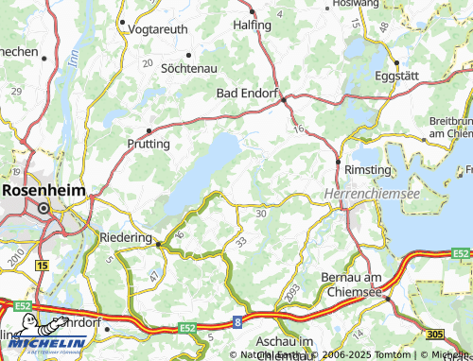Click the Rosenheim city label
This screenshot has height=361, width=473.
(43, 189)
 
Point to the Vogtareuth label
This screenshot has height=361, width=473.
(156, 30)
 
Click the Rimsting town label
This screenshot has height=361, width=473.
(369, 169)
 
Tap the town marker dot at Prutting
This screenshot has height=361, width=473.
(149, 130)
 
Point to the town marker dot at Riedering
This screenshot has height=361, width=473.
(158, 244)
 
